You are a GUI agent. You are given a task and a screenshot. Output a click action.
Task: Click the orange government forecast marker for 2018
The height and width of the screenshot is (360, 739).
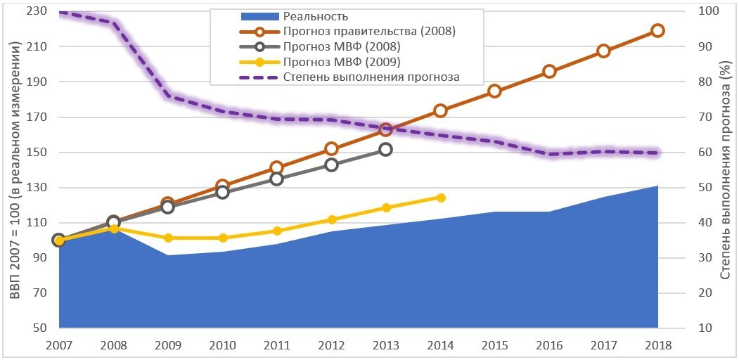(657, 30)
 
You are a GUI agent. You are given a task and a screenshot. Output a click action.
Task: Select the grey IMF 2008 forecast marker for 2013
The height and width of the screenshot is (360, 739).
(385, 149)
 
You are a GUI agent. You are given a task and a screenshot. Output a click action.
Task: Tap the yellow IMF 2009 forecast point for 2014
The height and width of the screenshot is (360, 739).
(440, 198)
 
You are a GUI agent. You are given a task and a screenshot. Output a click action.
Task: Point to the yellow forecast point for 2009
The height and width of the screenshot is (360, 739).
(167, 238)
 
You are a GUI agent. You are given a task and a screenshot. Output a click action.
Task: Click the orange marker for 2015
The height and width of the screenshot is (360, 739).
(494, 91)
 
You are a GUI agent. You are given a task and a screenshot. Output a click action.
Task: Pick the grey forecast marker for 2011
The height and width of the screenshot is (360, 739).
(276, 179)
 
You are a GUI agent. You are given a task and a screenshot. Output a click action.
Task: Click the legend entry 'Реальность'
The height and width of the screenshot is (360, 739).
(316, 16)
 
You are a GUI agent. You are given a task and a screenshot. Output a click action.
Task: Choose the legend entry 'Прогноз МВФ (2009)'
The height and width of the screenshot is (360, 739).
(342, 62)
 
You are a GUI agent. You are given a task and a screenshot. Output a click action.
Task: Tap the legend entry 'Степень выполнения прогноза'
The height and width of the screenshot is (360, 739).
(371, 77)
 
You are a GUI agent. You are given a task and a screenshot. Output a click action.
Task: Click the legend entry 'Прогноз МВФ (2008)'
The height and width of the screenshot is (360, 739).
(342, 46)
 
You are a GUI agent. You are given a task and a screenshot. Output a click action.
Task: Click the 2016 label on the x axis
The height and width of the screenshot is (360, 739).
(549, 345)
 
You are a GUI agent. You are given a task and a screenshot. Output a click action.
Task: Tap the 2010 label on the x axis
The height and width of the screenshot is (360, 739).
(222, 345)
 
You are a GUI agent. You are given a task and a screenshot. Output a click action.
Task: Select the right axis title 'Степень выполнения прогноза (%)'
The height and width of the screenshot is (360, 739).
(726, 169)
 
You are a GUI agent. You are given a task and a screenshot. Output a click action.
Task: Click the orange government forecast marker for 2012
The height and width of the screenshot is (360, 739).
(331, 149)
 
